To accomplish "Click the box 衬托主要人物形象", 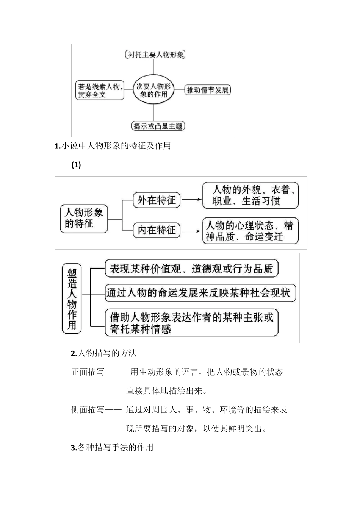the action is [155, 55].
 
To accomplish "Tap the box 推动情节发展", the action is [208, 90].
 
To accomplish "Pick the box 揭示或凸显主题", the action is [158, 126].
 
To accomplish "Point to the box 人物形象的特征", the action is [84, 219].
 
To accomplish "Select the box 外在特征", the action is [157, 200].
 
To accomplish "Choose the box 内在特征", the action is [157, 230].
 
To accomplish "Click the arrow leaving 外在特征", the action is [192, 200].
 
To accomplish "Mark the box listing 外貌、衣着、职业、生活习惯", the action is [250, 195].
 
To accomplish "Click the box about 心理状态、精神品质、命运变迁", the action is [250, 231].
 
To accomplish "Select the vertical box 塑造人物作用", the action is [72, 299].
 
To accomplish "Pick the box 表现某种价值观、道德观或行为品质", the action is [191, 269].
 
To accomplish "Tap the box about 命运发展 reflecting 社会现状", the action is [200, 293].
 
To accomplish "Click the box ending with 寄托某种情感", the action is [191, 322].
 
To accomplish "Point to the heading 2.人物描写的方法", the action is [104, 354].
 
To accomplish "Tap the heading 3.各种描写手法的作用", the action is [112, 448].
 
